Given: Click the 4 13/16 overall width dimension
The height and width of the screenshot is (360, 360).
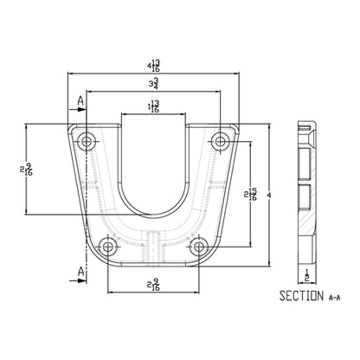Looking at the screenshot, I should (x=153, y=65).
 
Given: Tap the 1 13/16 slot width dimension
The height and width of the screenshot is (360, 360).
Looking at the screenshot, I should (x=153, y=106).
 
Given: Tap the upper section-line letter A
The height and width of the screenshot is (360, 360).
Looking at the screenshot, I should (x=81, y=100).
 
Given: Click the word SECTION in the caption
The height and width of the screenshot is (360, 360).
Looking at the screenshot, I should (x=301, y=296).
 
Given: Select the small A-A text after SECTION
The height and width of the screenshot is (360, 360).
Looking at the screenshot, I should (x=334, y=298).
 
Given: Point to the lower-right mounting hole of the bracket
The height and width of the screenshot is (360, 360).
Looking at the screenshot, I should (x=198, y=247).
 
